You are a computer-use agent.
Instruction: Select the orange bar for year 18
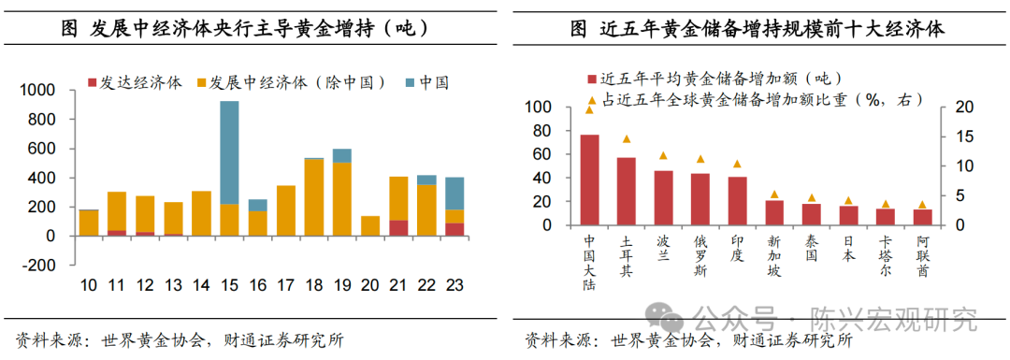[x=314, y=197]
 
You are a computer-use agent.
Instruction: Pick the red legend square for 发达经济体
[x=92, y=82]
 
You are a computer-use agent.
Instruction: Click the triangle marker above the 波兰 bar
[x=663, y=155]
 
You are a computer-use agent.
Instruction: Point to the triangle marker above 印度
[x=737, y=164]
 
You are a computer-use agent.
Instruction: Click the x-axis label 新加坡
[x=774, y=257]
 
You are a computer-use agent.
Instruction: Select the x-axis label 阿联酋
[x=922, y=257]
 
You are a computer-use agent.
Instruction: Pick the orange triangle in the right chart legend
[x=591, y=99]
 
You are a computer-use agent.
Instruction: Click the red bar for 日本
[x=848, y=216]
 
